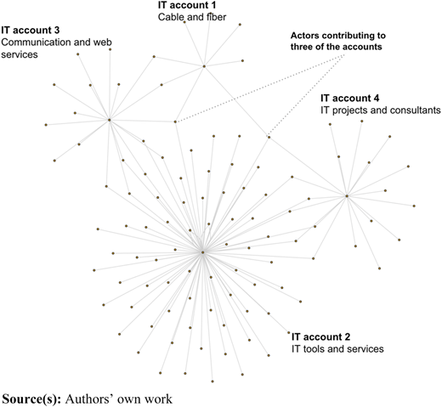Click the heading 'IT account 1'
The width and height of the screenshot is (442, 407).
(x=187, y=5)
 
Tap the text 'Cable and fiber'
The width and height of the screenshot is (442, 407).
(x=192, y=17)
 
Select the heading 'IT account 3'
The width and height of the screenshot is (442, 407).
(x=31, y=30)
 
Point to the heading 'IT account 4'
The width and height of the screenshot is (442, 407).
(x=350, y=98)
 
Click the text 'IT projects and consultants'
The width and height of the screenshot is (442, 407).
(x=381, y=110)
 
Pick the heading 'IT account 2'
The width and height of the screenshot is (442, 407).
(x=320, y=336)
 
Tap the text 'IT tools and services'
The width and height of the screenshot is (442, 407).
(x=337, y=348)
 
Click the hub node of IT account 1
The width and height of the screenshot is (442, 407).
(x=204, y=66)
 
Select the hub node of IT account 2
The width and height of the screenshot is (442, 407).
(x=202, y=252)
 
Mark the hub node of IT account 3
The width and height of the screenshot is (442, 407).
(x=110, y=120)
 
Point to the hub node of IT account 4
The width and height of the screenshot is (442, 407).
(x=347, y=195)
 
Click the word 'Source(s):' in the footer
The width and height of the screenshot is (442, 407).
(x=31, y=399)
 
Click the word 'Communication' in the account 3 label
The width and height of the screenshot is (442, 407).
(x=36, y=42)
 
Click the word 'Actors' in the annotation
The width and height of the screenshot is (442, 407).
(x=304, y=36)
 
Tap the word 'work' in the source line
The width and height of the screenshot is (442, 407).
(x=158, y=399)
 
